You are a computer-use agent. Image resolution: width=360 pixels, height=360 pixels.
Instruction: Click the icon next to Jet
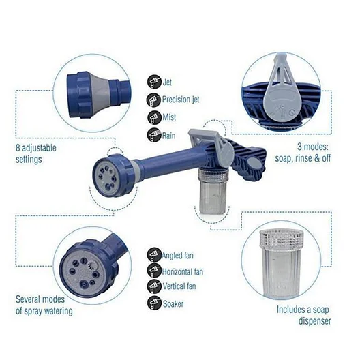point(154,82)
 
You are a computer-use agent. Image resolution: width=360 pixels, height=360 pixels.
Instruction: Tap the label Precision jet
point(181,100)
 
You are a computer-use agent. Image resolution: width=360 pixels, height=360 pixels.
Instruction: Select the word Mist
point(169,117)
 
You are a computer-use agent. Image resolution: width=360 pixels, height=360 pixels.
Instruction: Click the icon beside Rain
point(154,135)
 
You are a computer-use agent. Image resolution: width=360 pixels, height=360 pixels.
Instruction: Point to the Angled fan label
point(178,256)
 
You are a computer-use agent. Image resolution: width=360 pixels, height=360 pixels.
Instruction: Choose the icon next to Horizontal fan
point(154,271)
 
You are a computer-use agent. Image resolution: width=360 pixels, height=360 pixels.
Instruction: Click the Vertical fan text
point(179,286)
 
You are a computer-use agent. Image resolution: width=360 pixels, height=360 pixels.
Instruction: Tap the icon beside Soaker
point(154,303)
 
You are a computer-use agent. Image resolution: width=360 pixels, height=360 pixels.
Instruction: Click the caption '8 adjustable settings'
point(36,153)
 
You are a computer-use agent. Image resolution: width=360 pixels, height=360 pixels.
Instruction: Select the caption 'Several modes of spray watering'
point(44,305)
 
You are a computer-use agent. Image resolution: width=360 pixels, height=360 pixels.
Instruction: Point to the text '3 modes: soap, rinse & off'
point(303,153)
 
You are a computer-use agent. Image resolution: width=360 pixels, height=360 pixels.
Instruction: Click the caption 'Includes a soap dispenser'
point(303,315)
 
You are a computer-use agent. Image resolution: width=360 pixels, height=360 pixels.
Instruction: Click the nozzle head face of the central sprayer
point(106,177)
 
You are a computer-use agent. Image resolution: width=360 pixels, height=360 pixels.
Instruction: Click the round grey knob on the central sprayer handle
point(254,164)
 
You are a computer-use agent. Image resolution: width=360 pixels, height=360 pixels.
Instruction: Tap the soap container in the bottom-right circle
point(281,264)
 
